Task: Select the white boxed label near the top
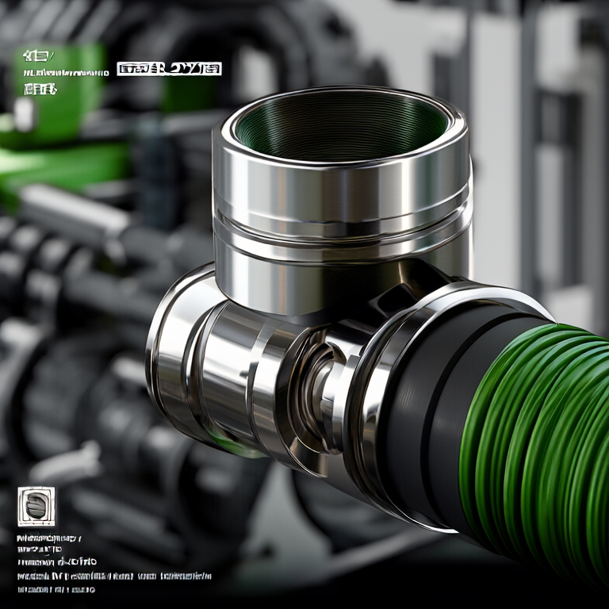pos(169,69)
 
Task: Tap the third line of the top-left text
pos(40,89)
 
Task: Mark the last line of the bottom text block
pos(56,589)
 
